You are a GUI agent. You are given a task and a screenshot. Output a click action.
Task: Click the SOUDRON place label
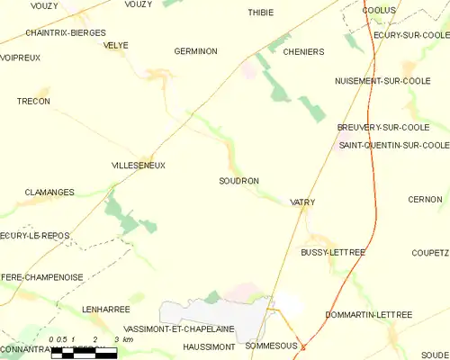(x=238, y=181)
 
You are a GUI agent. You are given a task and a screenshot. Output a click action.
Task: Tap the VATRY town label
(x=303, y=203)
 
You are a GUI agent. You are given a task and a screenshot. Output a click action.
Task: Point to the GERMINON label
(x=195, y=51)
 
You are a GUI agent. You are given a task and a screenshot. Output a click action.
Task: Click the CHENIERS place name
(x=303, y=52)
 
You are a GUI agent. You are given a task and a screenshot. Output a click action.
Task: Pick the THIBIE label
(x=261, y=13)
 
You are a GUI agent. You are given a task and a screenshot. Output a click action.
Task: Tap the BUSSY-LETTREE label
(x=333, y=253)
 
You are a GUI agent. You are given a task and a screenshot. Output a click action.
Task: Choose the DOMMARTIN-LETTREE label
(x=368, y=315)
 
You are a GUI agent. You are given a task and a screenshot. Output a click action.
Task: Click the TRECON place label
(x=33, y=102)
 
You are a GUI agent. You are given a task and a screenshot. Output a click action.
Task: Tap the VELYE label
(x=115, y=45)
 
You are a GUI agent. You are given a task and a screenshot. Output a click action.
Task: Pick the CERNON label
(x=425, y=199)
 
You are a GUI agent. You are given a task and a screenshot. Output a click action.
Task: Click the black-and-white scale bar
(x=84, y=352)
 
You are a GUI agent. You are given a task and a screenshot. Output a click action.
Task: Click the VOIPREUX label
(x=20, y=58)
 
